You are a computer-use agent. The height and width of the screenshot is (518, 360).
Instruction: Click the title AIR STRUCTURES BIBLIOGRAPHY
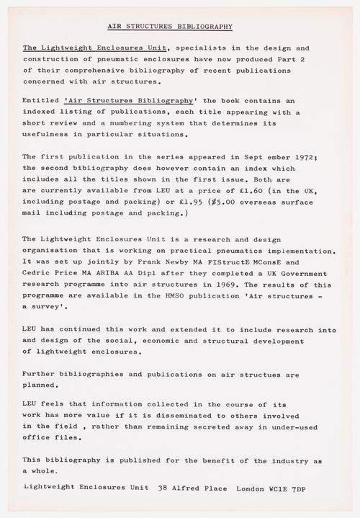point(170,26)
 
